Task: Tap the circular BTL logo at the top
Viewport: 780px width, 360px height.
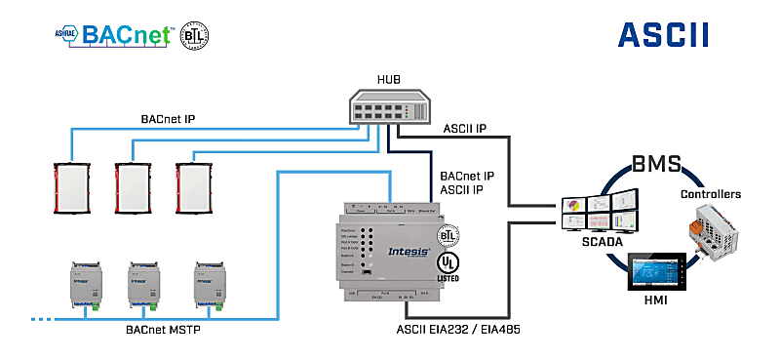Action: click(x=195, y=35)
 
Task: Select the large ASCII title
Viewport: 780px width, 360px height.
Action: click(x=663, y=35)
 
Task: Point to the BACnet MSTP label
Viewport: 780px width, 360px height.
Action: click(x=165, y=332)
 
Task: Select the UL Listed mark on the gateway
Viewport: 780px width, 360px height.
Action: click(x=448, y=266)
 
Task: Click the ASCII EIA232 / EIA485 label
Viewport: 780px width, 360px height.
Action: click(x=472, y=332)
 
